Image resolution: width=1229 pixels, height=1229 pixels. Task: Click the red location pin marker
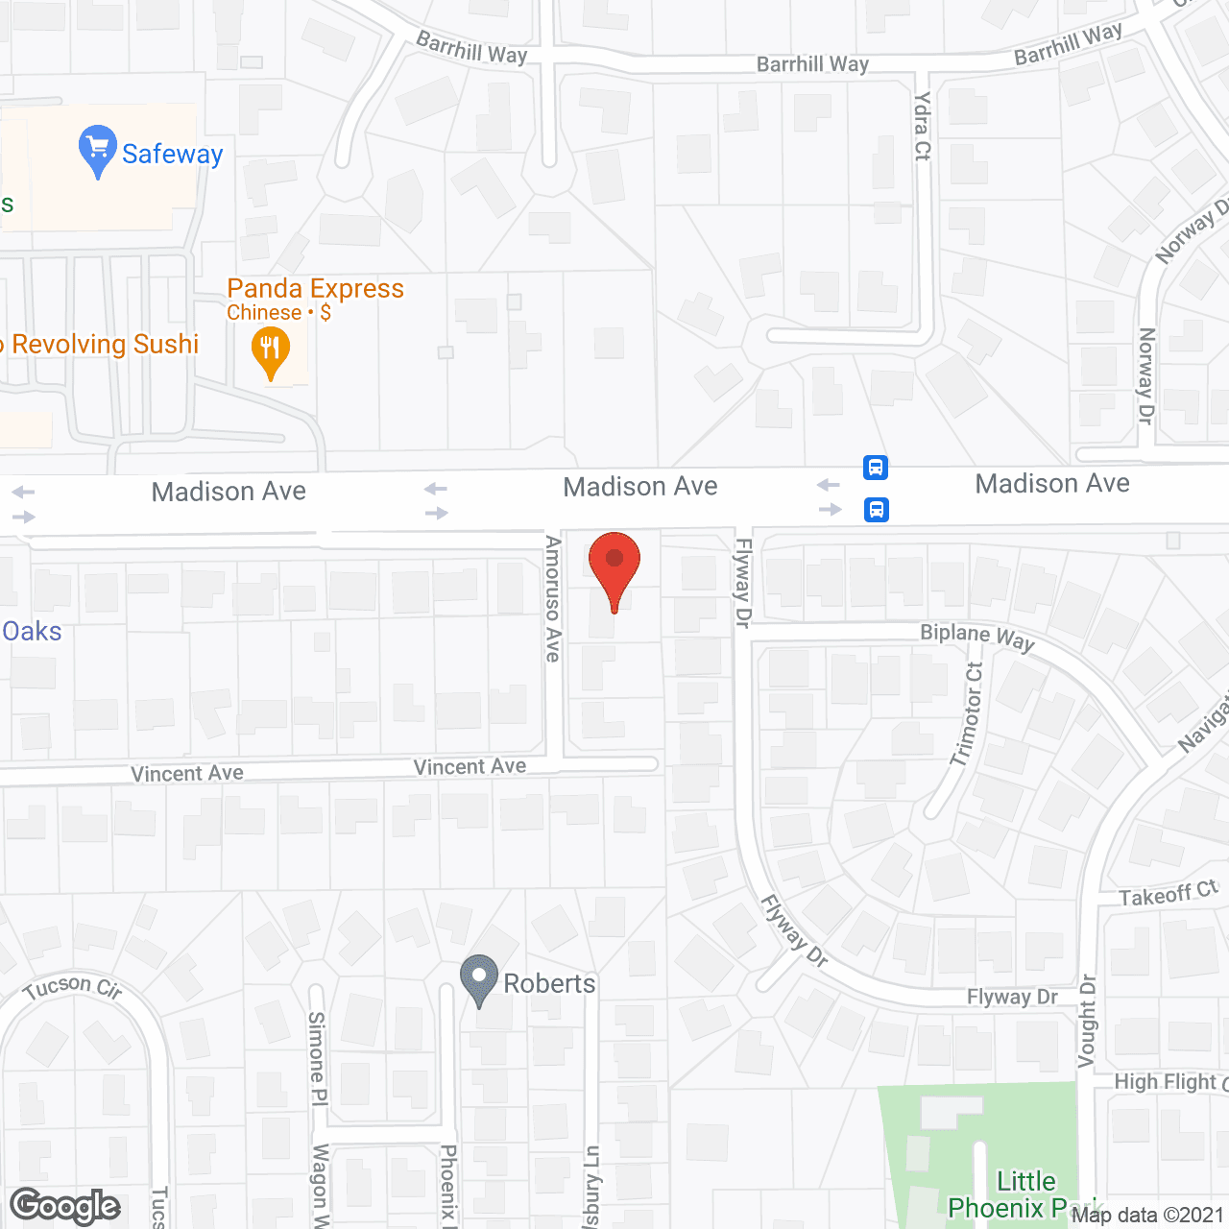coord(614,566)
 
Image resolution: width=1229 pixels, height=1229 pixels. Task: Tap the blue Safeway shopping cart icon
coord(97,150)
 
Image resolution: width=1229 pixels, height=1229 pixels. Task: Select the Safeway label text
coord(173,155)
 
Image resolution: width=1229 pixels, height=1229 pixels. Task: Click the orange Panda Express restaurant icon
coord(271,351)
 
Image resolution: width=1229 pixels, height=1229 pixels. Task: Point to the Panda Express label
coord(315,289)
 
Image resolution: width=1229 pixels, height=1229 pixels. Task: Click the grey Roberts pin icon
coord(479,979)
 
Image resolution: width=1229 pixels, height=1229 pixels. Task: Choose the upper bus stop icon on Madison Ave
coord(876,468)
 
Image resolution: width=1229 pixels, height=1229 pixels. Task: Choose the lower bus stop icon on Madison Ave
coord(876,509)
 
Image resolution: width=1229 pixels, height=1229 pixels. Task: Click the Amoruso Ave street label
coord(553,599)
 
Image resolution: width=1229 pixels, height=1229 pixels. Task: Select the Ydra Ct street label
coord(923,126)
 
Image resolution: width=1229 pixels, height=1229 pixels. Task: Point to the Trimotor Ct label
coord(968,714)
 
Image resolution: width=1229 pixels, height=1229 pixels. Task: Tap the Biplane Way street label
coord(976,638)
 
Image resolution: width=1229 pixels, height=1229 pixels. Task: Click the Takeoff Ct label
coord(1168,895)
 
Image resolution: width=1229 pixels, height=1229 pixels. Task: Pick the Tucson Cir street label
coord(73,988)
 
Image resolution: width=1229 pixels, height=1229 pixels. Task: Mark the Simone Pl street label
coord(317,1058)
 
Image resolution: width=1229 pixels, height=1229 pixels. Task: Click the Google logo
coord(65,1206)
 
